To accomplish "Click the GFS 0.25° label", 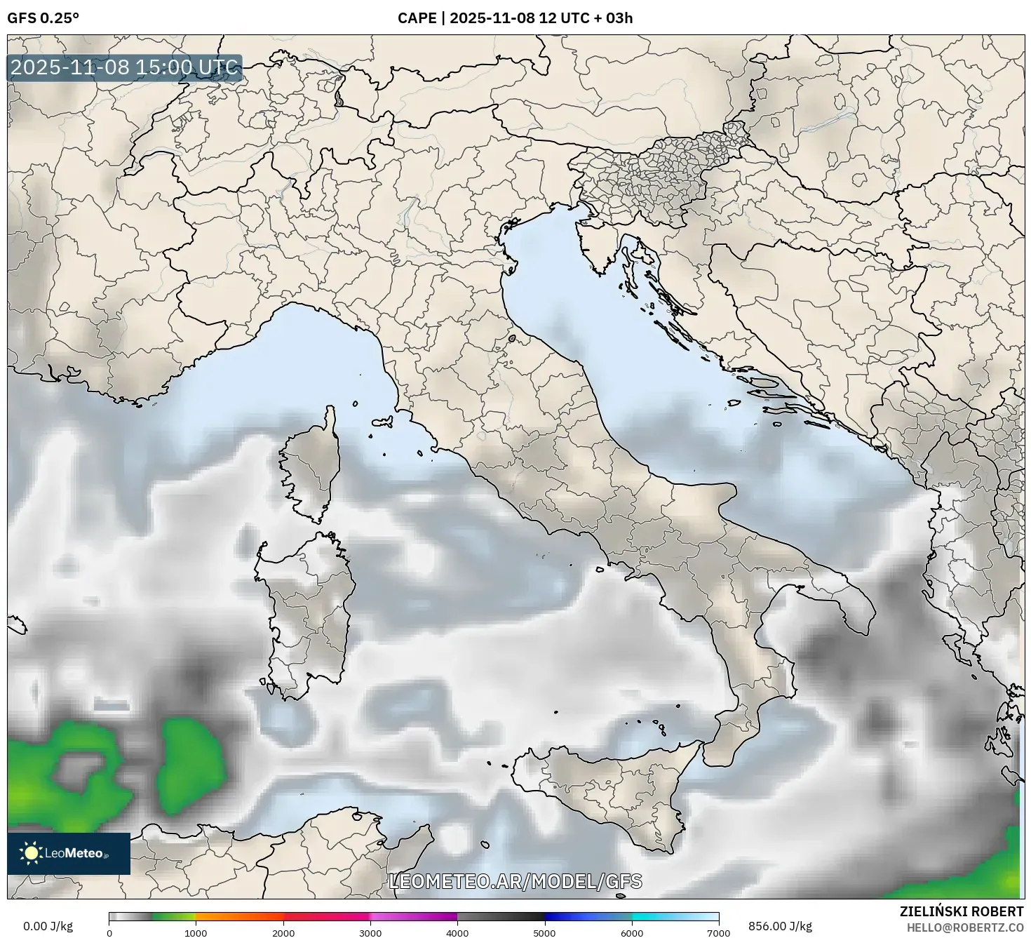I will pos(43,18).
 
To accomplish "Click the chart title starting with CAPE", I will pos(515,18).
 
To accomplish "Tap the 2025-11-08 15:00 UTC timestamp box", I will pos(125,68).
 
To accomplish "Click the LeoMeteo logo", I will pos(69,853).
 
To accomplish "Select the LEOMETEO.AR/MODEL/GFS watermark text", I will pos(515,881).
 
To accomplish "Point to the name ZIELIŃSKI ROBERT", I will pos(961,911).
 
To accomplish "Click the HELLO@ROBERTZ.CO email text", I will pos(965,927).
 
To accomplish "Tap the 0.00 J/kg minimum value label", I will pos(48,926).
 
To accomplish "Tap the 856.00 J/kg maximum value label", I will pos(780,926).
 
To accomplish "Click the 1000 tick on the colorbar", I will pos(196,932).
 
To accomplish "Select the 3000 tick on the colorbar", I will pos(370,932).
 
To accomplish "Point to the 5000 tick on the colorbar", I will pos(544,932).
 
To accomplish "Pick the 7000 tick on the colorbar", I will pos(719,932).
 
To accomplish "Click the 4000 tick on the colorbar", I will pos(457,932).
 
